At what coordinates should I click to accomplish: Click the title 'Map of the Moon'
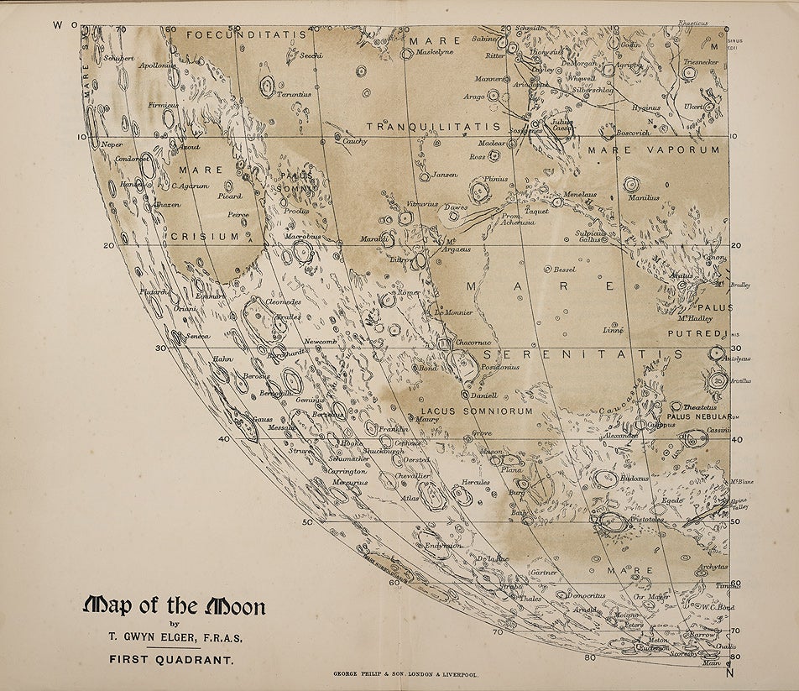coord(175,606)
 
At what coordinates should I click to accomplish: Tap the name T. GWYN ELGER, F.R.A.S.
coord(176,638)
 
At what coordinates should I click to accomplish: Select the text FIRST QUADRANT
coord(170,660)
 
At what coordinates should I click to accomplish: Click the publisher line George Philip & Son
coord(406,674)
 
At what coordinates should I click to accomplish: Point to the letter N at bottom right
coord(729,673)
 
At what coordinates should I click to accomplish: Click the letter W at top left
coord(58,24)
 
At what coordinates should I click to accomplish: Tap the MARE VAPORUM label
coord(653,149)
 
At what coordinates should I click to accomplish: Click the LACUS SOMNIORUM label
coord(477,411)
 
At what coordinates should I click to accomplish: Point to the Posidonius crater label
coord(501,367)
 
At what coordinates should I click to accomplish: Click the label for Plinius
coord(497,179)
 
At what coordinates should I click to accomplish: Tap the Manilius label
coord(645,198)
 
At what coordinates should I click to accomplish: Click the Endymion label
coord(443,546)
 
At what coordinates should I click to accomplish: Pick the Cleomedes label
coord(283,301)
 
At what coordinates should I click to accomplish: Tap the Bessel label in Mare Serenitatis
coord(564,270)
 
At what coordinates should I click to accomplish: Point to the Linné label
coord(614,330)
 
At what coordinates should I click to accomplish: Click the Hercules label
coord(476,483)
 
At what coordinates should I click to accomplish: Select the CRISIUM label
coord(206,237)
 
